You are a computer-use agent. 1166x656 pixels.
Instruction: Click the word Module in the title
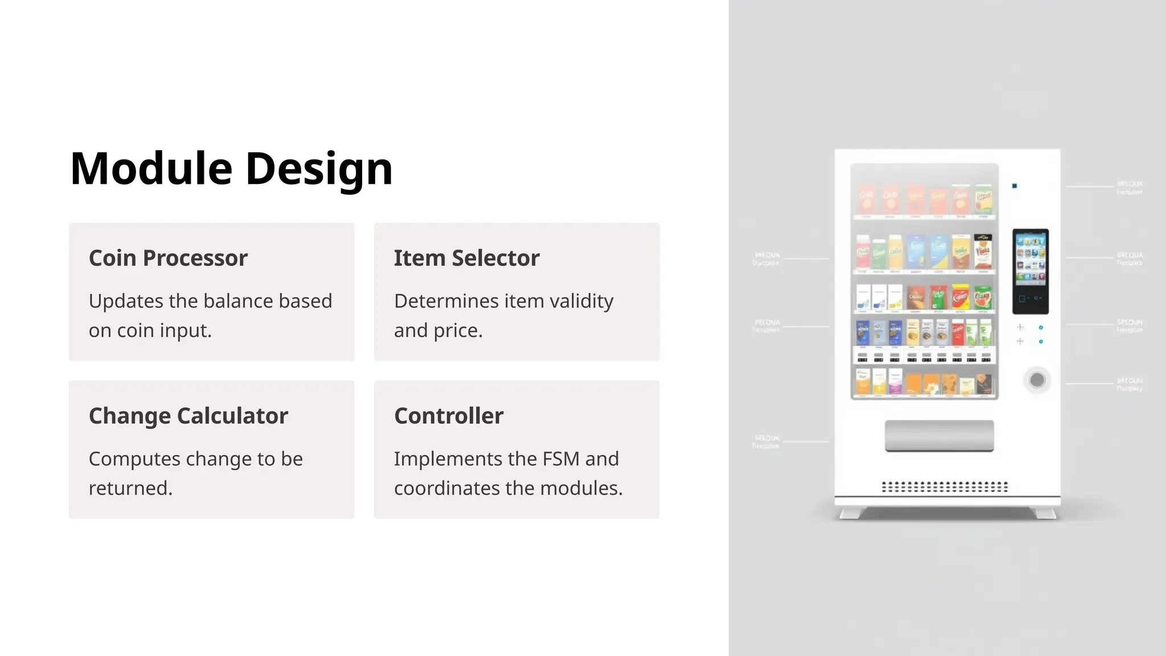151,169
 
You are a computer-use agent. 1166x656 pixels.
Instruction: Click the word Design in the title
319,169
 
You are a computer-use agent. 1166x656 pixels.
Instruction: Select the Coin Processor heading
168,258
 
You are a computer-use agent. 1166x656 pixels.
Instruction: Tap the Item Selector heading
466,258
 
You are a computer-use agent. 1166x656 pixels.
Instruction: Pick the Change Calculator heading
188,416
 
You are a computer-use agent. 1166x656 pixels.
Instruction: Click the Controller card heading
449,416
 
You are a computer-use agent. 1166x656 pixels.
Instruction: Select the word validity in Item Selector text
581,301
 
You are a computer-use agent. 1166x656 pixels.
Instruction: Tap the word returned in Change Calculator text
130,488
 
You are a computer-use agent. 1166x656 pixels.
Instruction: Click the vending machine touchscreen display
1030,271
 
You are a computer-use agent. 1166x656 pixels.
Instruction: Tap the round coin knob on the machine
1037,380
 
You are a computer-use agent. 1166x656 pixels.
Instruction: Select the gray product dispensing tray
939,436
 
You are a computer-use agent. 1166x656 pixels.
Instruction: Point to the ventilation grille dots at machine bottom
945,487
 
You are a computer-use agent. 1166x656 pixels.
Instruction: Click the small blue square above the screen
1015,186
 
